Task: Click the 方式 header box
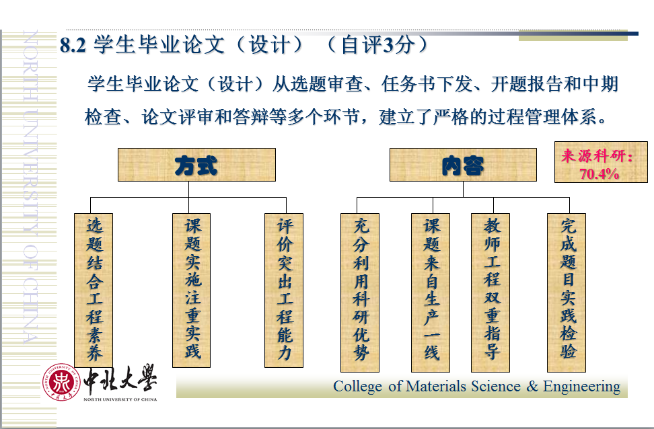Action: pos(196,165)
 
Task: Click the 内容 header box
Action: pos(463,165)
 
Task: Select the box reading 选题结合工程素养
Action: pos(94,290)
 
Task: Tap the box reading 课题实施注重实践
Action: pos(192,290)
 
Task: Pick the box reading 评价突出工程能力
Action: pos(284,290)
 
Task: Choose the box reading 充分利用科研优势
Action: pos(360,292)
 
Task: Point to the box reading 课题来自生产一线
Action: pos(431,292)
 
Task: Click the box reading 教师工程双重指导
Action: pos(490,292)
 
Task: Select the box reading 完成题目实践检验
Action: pos(567,292)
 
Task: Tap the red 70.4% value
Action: pos(599,173)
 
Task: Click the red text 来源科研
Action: pos(593,156)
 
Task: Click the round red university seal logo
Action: pos(61,383)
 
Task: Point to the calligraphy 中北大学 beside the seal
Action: pos(120,379)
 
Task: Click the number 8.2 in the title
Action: pos(73,45)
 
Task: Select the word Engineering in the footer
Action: pos(581,387)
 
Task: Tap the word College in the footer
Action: pos(357,387)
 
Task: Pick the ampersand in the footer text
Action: pos(532,386)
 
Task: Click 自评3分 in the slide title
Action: pos(378,44)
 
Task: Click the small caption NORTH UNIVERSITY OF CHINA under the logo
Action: pos(120,399)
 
